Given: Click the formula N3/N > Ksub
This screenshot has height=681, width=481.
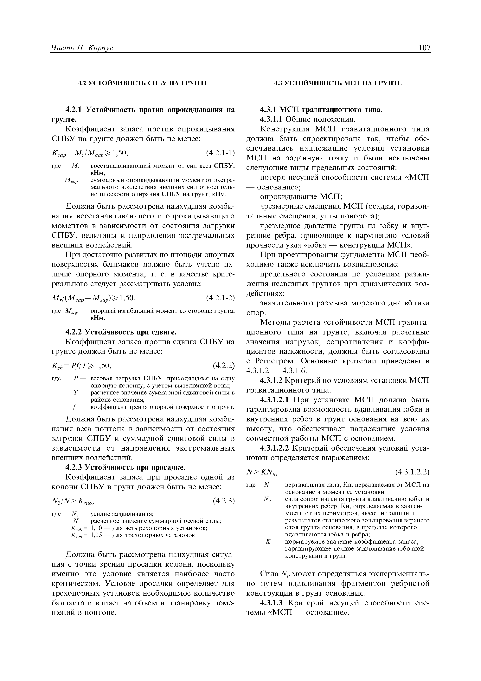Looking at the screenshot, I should pyautogui.click(x=73, y=501).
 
